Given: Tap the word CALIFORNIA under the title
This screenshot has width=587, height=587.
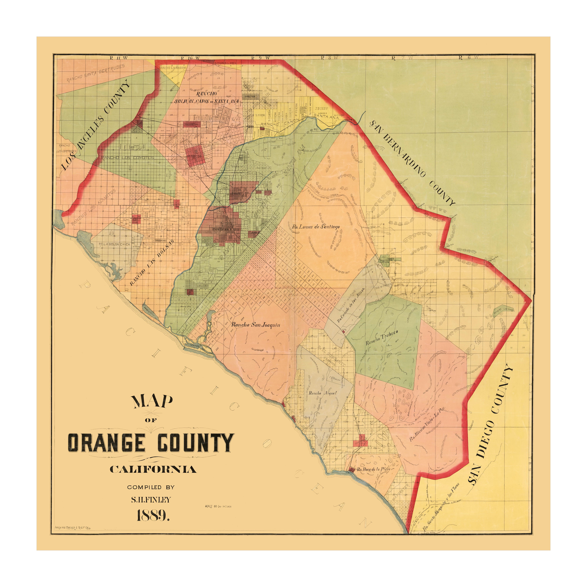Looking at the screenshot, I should click(153, 470).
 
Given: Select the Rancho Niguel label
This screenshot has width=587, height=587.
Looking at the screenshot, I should click(323, 393).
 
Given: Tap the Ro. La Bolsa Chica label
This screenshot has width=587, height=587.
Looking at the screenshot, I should click(115, 244).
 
